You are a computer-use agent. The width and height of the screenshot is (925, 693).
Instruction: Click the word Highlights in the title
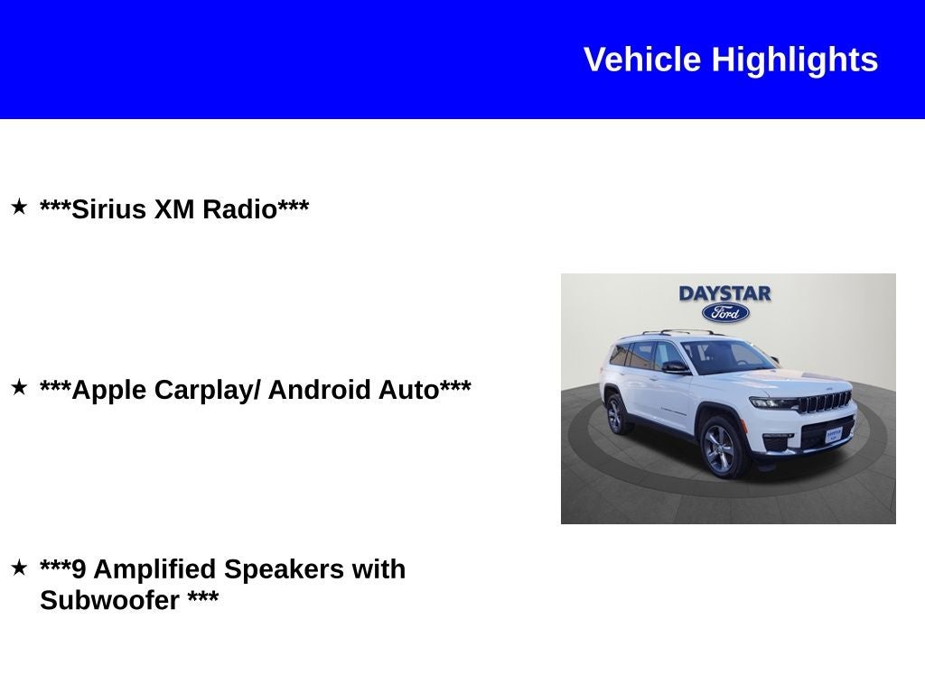(794, 60)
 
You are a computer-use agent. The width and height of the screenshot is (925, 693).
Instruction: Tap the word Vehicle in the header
(642, 60)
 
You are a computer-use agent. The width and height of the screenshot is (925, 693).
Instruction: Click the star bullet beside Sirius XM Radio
(19, 208)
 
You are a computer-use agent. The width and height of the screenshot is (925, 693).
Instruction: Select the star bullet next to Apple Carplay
(19, 388)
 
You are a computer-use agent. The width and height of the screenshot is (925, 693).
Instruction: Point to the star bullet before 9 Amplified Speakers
(19, 568)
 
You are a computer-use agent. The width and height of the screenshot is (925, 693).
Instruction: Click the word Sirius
(109, 209)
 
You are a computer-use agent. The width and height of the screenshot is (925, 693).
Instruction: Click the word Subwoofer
(109, 600)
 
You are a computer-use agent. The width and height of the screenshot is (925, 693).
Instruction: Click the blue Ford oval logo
(725, 313)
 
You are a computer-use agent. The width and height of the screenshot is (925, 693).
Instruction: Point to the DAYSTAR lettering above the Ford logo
(724, 293)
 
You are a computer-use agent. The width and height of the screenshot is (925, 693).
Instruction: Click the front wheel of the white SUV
(723, 447)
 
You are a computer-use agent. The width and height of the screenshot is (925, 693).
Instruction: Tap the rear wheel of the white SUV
(616, 414)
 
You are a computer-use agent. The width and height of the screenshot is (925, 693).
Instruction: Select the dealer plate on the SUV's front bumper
(833, 433)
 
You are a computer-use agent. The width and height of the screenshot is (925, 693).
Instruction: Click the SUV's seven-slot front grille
(827, 402)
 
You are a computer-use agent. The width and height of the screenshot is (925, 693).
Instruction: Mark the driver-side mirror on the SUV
(675, 366)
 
